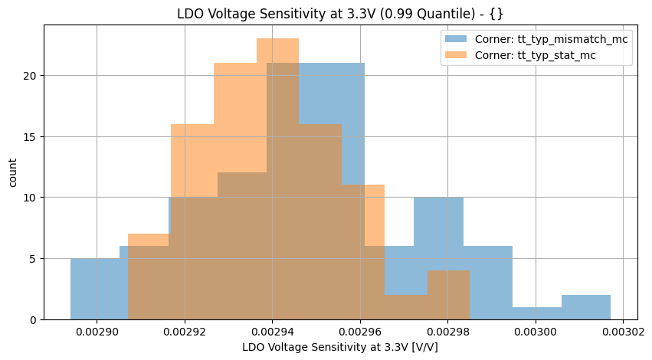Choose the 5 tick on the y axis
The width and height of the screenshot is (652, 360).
(34, 258)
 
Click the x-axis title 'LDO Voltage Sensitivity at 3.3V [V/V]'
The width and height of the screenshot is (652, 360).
(340, 348)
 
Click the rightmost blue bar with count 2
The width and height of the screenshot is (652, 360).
(586, 306)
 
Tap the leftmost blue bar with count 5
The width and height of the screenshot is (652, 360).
(95, 289)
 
